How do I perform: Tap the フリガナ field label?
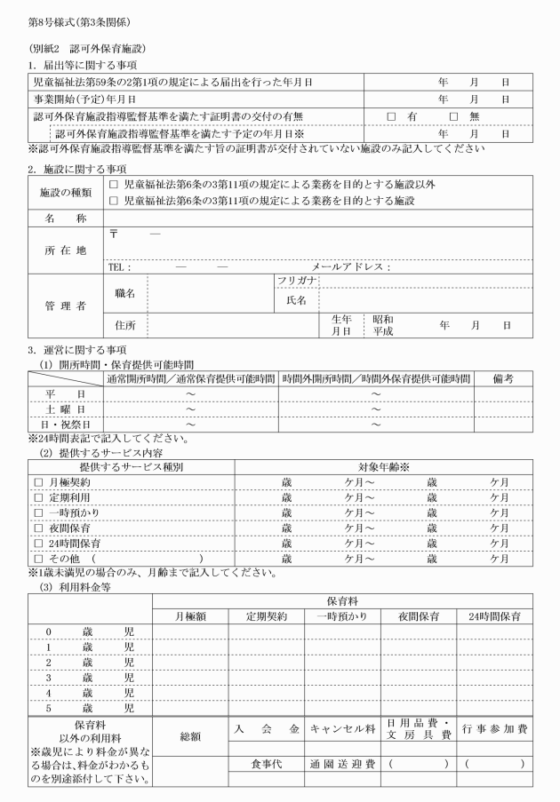pyautogui.click(x=297, y=282)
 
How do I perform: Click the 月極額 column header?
pyautogui.click(x=191, y=615)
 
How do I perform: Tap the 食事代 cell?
pyautogui.click(x=265, y=763)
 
